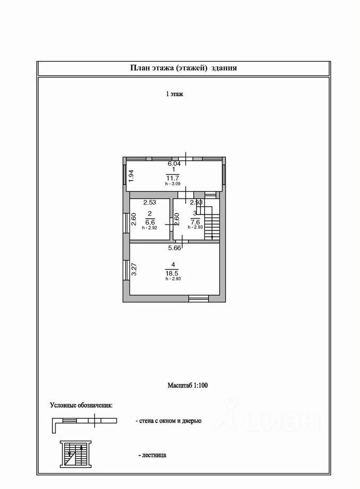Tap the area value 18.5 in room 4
point(174,273)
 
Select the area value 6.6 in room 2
point(150,222)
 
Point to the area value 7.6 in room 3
point(195,222)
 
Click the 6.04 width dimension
point(174,164)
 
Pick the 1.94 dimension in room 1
point(131,176)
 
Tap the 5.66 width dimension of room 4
point(175,248)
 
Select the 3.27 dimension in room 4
point(134,270)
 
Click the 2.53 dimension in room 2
point(150,202)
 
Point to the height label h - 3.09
point(173,184)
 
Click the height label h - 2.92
point(149,228)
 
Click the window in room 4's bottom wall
point(199,299)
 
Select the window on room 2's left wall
point(126,222)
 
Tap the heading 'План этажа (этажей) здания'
point(183,68)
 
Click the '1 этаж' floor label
point(175,94)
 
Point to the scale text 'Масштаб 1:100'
point(187,385)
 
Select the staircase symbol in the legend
point(76,454)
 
